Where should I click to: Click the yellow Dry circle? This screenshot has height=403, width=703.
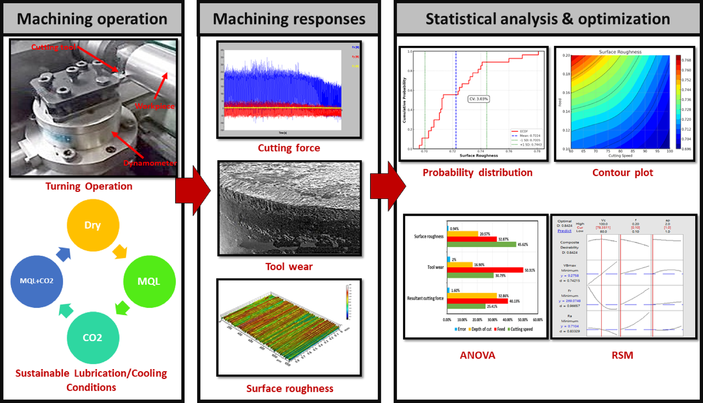pos(93,225)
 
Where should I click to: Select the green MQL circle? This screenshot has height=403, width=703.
pos(149,281)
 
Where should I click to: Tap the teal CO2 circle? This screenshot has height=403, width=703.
pos(93,338)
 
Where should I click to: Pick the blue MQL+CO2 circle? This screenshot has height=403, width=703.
pos(37,281)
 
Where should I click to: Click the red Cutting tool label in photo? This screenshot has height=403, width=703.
pos(53,47)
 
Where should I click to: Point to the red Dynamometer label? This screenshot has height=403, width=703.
pos(150,163)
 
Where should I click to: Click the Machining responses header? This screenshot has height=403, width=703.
pos(289,19)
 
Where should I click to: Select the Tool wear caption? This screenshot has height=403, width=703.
pos(289,267)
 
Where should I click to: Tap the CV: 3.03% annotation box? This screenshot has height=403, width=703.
pos(479,99)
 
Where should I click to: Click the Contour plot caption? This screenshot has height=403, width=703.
pos(622,172)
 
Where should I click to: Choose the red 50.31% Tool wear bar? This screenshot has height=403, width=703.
pos(485,270)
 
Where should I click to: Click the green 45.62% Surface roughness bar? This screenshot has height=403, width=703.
pos(481,244)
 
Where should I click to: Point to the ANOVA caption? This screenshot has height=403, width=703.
pos(478,355)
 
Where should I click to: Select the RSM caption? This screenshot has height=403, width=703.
pos(622,355)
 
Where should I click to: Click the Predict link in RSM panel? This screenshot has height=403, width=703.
pos(564,231)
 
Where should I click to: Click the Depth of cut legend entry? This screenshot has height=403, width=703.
pos(480,329)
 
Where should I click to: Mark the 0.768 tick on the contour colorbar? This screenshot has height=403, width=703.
pos(686,60)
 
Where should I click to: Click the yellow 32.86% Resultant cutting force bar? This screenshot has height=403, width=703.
pos(472,296)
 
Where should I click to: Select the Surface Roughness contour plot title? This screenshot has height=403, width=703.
pos(620,52)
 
